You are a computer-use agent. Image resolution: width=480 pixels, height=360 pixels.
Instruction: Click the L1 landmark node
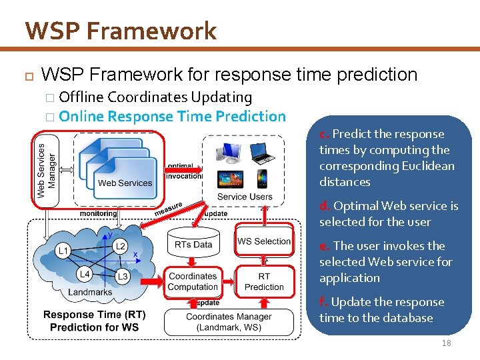point(63,251)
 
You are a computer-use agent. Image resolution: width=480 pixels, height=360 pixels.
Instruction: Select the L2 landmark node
point(120,246)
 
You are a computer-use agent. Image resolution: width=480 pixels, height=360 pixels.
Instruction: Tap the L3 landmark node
point(122,276)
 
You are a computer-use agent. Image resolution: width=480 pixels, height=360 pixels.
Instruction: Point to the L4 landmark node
point(84,274)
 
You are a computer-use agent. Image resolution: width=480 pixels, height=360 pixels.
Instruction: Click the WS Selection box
point(264,241)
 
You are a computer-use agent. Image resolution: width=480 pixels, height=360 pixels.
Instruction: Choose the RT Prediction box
point(264,281)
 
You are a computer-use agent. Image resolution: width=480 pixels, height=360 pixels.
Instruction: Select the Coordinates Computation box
point(193,281)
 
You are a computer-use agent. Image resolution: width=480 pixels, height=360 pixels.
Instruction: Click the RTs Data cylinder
point(193,243)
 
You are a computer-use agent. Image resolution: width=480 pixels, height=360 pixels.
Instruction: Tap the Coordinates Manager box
point(229,321)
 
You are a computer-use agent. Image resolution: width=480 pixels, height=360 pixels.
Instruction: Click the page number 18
point(446,343)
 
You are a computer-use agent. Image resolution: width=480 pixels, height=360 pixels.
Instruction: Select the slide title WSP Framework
point(121,31)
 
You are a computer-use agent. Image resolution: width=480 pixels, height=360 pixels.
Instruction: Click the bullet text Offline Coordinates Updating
point(155,97)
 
